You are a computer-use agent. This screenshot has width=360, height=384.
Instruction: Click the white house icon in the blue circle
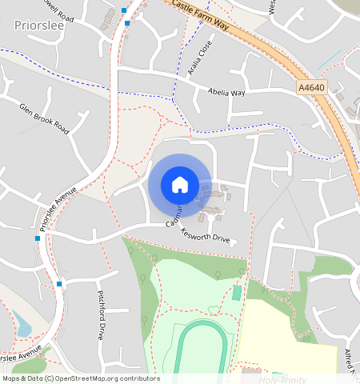pyautogui.click(x=180, y=185)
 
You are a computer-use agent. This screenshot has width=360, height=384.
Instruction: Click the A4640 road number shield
pyautogui.click(x=314, y=87)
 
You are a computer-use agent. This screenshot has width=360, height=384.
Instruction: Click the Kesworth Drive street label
pyautogui.click(x=205, y=238)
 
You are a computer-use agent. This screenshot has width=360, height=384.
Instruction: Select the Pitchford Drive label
pyautogui.click(x=102, y=315)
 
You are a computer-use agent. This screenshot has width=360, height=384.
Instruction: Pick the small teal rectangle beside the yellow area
pyautogui.click(x=237, y=294)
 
